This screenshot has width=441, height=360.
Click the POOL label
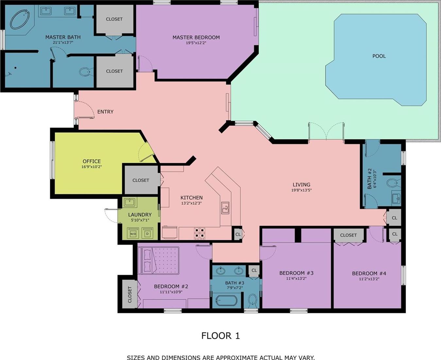pos(379,56)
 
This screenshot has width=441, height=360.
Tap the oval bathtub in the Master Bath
pos(20,19)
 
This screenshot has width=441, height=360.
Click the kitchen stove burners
pos(199,233)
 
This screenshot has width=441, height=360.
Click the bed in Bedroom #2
pos(160,260)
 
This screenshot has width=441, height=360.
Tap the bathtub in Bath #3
pos(227,301)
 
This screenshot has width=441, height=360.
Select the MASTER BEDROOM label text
pos(196,37)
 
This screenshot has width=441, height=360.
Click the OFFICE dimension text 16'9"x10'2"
pos(92,167)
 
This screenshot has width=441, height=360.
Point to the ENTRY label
pos(105,112)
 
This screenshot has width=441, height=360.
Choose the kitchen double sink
pos(225,208)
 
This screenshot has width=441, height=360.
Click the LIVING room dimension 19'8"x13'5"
pos(301,190)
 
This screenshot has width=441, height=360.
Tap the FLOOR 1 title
pos(220,336)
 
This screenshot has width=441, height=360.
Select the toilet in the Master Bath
pos(85,72)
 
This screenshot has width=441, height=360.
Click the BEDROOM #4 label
pos(369,273)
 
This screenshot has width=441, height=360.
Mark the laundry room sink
pos(130,202)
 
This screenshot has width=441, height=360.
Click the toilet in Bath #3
pos(253,300)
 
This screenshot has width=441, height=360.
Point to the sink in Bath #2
pos(396,197)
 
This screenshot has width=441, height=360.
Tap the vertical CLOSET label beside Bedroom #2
pos(130,295)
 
